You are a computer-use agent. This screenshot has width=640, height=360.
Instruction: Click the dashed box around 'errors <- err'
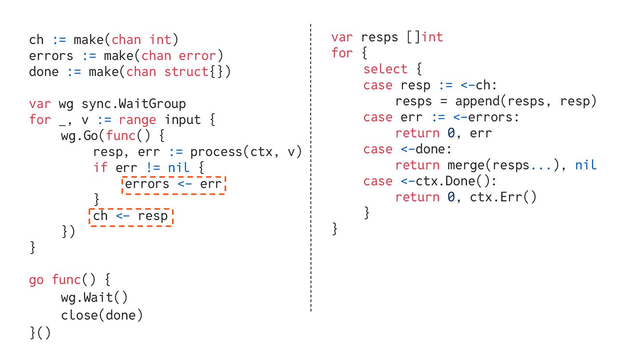pyautogui.click(x=173, y=184)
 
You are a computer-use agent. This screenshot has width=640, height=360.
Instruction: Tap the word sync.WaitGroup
pyautogui.click(x=133, y=104)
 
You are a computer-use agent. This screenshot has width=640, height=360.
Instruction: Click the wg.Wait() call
pyautogui.click(x=94, y=297)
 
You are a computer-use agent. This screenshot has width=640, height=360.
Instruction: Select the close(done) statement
pyautogui.click(x=102, y=315)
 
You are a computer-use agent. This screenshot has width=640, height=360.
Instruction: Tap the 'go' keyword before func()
pyautogui.click(x=36, y=280)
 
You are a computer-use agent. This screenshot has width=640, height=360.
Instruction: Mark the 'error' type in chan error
pyautogui.click(x=197, y=56)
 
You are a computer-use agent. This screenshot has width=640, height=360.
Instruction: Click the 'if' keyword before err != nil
pyautogui.click(x=100, y=168)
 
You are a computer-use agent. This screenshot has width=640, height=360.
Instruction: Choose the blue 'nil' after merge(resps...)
pyautogui.click(x=585, y=165)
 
